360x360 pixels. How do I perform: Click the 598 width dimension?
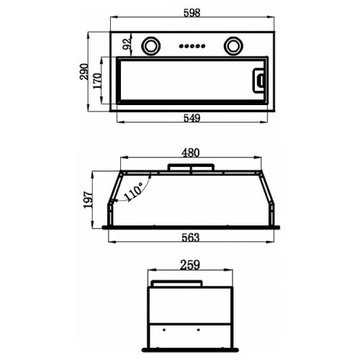pyautogui.click(x=192, y=13)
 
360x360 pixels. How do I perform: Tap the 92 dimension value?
pyautogui.click(x=127, y=44)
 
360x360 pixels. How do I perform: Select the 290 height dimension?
pyautogui.click(x=84, y=71)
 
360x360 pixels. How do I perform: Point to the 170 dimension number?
pyautogui.click(x=97, y=81)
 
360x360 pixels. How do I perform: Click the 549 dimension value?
pyautogui.click(x=192, y=118)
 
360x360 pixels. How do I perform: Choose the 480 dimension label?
pyautogui.click(x=191, y=153)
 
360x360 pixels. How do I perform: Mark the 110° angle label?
pyautogui.click(x=134, y=192)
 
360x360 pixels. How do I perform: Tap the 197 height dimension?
pyautogui.click(x=88, y=200)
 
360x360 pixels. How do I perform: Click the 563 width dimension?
pyautogui.click(x=191, y=238)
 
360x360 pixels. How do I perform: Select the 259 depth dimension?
pyautogui.click(x=190, y=265)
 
